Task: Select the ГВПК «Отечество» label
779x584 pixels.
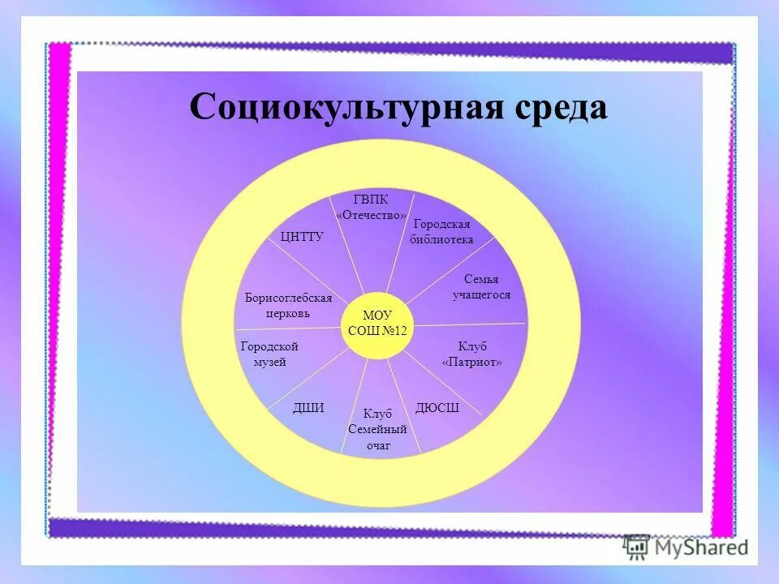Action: tap(371, 207)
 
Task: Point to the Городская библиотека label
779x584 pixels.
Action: tap(441, 232)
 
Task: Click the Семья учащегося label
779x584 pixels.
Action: tap(481, 287)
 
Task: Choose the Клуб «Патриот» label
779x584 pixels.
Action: tap(472, 354)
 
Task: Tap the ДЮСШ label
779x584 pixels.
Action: tap(437, 408)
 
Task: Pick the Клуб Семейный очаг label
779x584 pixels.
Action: tap(377, 430)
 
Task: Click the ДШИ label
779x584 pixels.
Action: tap(308, 408)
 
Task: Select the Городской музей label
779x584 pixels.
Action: tap(269, 354)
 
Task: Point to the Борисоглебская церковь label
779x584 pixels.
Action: tap(288, 306)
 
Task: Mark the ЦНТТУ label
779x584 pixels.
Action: tap(302, 237)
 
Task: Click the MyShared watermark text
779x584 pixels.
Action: tap(702, 547)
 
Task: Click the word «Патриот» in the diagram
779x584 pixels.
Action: tap(472, 363)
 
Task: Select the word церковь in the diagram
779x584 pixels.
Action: tap(288, 314)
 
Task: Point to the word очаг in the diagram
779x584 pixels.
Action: tap(377, 446)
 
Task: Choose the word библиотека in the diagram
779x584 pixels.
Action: tap(441, 240)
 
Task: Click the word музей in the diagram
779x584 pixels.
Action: tap(269, 363)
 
